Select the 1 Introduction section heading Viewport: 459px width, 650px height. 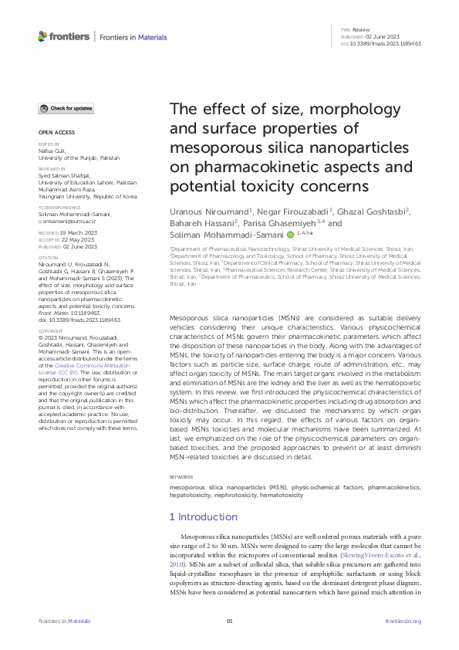(x=204, y=516)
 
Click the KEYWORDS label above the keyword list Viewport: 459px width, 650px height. (x=181, y=479)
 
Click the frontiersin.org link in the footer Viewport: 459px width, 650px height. (x=403, y=621)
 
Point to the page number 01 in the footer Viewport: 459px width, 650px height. (x=229, y=621)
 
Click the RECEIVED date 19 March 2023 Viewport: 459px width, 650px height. (x=75, y=232)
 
